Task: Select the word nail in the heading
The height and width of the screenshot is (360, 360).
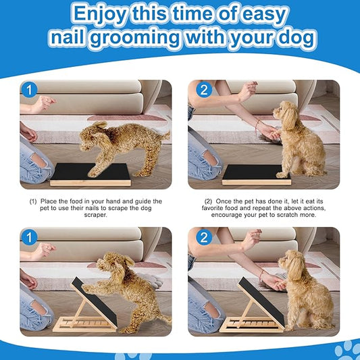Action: (71, 38)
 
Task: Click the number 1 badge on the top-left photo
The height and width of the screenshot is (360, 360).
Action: (29, 89)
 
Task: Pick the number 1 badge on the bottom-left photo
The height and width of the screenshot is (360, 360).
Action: (29, 236)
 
